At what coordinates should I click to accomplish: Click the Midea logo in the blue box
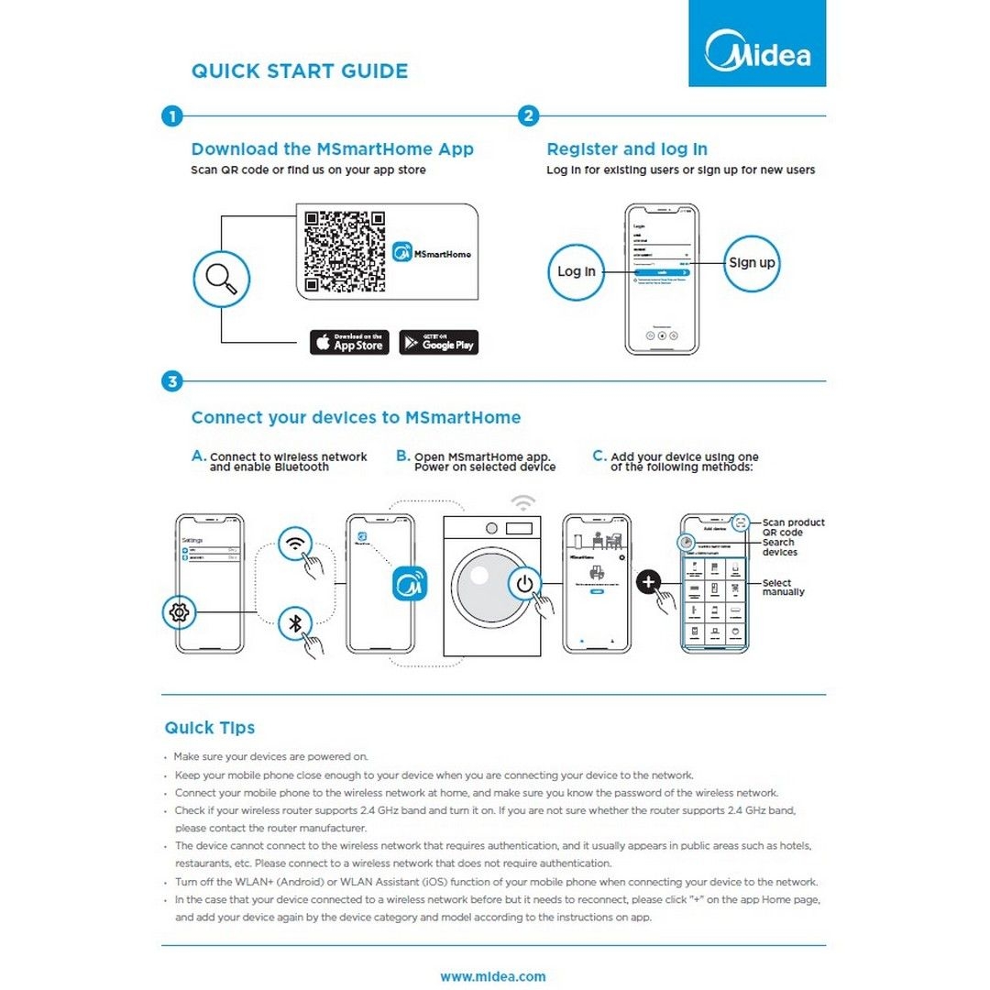(x=757, y=51)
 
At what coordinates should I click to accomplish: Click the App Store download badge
(x=349, y=343)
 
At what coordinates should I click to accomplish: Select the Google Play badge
(x=439, y=343)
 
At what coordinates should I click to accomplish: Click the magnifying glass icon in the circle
(x=221, y=279)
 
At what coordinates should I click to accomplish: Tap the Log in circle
(x=576, y=271)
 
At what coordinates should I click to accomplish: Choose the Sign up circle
(x=752, y=263)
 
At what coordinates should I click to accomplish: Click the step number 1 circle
(x=171, y=116)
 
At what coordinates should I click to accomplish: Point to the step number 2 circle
(x=528, y=116)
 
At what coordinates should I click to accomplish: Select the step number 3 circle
(x=171, y=381)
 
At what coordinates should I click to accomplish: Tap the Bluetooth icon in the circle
(x=295, y=622)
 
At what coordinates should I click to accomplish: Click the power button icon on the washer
(x=524, y=583)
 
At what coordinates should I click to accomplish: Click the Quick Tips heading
(x=210, y=728)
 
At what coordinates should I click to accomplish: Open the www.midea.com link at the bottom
(x=493, y=976)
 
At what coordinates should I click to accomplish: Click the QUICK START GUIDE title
(x=300, y=71)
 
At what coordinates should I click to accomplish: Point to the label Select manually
(x=783, y=588)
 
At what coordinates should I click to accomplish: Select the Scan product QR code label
(x=793, y=527)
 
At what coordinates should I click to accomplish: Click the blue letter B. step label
(x=403, y=456)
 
